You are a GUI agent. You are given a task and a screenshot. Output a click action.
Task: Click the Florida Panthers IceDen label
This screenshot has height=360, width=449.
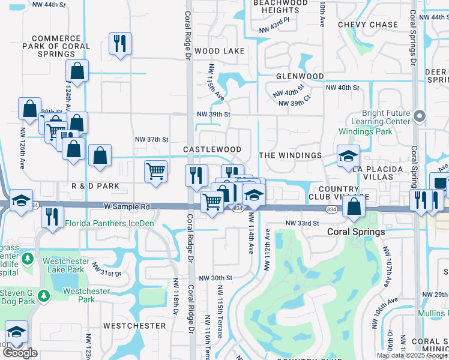110,224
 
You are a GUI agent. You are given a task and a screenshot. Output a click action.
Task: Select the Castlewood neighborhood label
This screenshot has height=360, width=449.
212,149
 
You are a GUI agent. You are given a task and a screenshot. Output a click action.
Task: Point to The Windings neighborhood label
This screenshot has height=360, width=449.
290,155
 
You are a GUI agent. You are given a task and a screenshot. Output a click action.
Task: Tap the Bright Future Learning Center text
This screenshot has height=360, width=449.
385,117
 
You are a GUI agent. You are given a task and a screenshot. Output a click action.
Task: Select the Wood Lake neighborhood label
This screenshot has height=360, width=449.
218,51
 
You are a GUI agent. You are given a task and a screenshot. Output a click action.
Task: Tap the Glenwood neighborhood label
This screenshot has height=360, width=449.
300,77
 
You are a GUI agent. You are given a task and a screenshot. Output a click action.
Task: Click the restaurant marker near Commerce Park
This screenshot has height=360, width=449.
119,43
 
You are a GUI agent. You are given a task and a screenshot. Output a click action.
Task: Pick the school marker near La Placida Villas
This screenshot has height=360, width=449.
348,157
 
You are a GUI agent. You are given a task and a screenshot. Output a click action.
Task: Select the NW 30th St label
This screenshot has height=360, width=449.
215,278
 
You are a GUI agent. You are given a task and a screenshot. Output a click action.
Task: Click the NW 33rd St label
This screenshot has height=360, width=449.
301,223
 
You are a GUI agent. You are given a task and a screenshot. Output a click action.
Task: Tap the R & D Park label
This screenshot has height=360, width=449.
95,187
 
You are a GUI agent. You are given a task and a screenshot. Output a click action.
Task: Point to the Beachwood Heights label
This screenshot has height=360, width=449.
276,7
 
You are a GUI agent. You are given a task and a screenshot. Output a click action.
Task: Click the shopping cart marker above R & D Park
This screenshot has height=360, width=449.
156,172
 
